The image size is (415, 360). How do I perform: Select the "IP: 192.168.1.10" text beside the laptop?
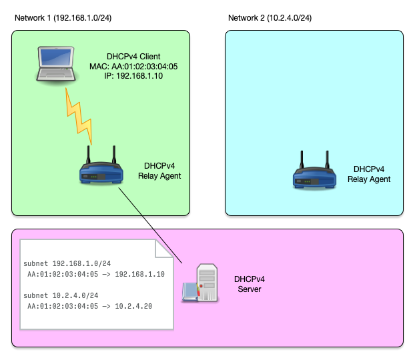133,77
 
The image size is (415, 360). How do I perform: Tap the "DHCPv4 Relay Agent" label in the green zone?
159,171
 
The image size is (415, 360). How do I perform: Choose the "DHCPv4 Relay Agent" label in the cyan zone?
369,174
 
